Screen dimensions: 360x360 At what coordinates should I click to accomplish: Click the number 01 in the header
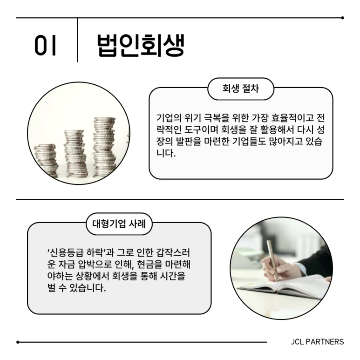pyautogui.click(x=45, y=46)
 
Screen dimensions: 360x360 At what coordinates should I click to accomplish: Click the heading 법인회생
pyautogui.click(x=141, y=45)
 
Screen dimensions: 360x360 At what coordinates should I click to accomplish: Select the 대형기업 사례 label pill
pyautogui.click(x=119, y=224)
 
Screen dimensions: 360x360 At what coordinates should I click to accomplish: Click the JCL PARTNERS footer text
pyautogui.click(x=317, y=342)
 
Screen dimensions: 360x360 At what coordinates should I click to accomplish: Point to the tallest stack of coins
pyautogui.click(x=104, y=147)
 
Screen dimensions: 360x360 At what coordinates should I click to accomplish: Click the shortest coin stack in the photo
pyautogui.click(x=46, y=161)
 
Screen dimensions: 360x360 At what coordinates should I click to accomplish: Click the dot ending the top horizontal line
pyautogui.click(x=343, y=18)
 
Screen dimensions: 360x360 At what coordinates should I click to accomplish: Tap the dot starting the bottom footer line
pyautogui.click(x=18, y=342)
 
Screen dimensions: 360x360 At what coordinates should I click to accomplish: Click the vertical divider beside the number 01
pyautogui.click(x=77, y=41)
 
